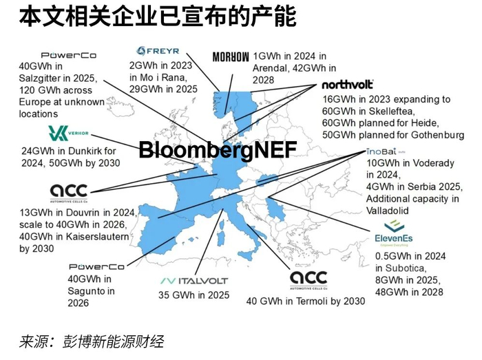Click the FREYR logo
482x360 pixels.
click(x=158, y=50)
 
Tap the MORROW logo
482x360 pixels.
click(x=231, y=57)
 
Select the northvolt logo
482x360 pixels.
click(x=348, y=85)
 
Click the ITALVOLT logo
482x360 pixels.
click(x=193, y=281)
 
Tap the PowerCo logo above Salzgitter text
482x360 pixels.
click(x=69, y=55)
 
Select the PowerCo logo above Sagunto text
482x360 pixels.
click(x=96, y=267)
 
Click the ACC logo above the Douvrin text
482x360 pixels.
click(x=70, y=191)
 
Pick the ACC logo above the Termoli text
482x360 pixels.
click(x=308, y=279)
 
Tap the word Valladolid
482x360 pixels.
click(x=390, y=210)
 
